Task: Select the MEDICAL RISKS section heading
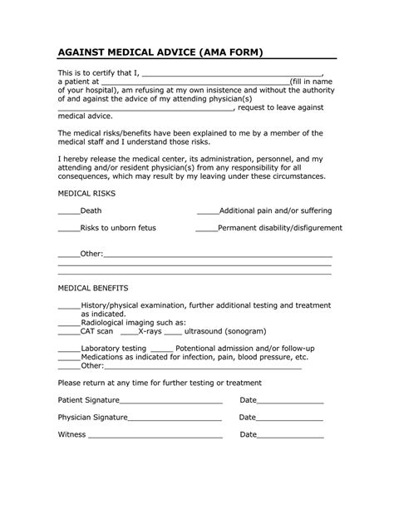click(x=86, y=192)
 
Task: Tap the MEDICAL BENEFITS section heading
click(x=92, y=287)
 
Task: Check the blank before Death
click(x=68, y=212)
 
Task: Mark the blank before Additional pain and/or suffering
click(x=207, y=212)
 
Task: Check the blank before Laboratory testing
click(x=68, y=348)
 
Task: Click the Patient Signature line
click(x=170, y=402)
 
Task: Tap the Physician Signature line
click(x=175, y=418)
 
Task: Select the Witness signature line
click(x=155, y=435)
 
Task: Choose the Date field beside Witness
click(x=290, y=435)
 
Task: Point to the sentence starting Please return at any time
click(x=160, y=383)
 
